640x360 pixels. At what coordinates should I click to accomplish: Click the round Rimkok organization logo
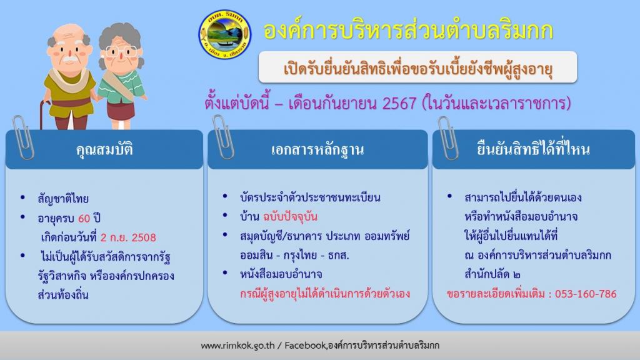coord(225,34)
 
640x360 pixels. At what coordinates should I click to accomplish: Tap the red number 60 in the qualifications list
coord(84,218)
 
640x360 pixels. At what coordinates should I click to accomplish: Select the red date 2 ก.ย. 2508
coord(128,237)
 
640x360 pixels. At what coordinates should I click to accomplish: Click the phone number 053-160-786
coord(586,294)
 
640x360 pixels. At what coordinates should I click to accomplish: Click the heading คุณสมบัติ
coord(104,149)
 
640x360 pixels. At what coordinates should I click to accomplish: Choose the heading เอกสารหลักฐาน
coord(317,150)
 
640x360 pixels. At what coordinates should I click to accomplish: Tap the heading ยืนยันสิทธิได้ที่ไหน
coord(534,149)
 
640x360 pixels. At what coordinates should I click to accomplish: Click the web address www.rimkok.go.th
coord(237,345)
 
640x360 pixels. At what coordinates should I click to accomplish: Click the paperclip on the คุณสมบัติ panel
coord(24,137)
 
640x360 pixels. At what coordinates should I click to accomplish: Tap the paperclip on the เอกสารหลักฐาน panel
coord(223,137)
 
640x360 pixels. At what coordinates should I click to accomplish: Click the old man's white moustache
coord(69,59)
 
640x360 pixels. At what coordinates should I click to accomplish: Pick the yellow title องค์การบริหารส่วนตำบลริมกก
coord(408,31)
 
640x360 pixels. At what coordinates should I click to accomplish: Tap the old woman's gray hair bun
coord(120,31)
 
